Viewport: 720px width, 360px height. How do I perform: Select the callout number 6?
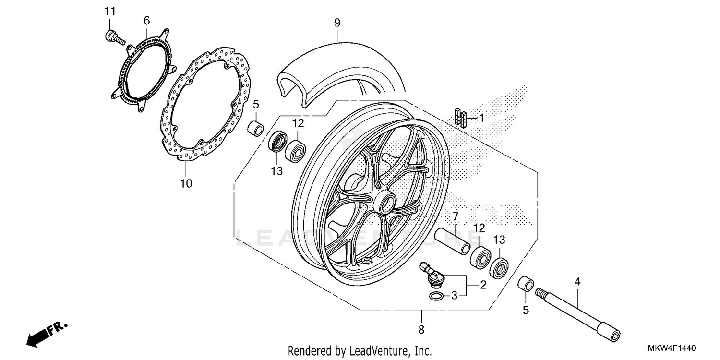146,20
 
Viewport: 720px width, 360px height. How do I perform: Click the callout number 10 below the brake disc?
186,183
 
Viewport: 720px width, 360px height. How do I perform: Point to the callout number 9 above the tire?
337,22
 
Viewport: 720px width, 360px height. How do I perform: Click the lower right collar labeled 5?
526,285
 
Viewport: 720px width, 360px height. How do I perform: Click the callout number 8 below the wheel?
421,329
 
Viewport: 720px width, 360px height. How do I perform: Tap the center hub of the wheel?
386,204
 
